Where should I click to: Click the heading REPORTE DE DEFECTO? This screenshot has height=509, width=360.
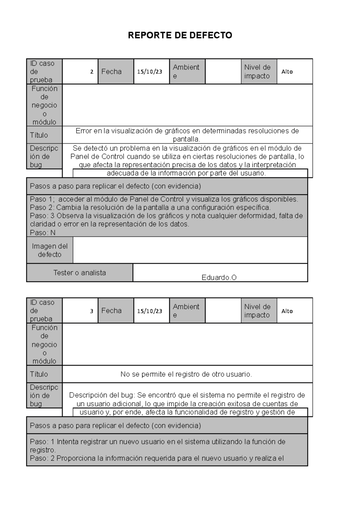180,35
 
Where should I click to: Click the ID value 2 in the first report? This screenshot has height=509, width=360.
92,72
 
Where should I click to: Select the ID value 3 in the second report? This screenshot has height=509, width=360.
92,311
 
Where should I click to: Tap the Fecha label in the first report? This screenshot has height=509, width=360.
111,72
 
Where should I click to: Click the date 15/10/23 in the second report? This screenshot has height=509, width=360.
150,311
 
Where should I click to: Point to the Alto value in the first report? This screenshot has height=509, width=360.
287,72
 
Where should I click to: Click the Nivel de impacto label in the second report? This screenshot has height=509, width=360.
257,311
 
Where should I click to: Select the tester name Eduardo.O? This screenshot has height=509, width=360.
219,278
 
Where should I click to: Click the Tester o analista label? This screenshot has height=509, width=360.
79,273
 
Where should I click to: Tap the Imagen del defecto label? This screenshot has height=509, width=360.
49,250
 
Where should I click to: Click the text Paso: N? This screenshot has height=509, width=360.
43,233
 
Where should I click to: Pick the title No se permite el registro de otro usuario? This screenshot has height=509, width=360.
186,374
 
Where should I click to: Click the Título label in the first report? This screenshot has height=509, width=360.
39,135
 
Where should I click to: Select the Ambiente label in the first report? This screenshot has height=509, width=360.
186,72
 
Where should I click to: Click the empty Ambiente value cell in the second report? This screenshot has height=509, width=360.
223,311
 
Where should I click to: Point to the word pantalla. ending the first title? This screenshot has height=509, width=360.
186,139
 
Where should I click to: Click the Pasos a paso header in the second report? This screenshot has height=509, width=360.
115,426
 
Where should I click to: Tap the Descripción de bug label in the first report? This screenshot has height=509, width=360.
44,156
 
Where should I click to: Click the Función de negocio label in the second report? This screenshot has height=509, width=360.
44,344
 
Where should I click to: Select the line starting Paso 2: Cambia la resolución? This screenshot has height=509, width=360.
150,207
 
